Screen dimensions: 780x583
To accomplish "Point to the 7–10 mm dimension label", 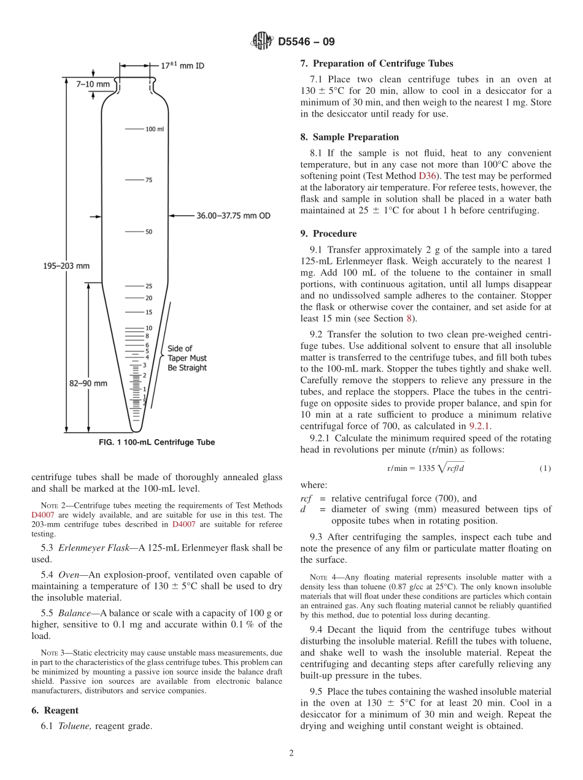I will (93, 83).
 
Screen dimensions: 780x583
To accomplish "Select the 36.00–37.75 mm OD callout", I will (233, 216).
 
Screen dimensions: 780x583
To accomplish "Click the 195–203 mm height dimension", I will (66, 266).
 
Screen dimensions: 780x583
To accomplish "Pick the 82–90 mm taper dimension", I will (88, 383).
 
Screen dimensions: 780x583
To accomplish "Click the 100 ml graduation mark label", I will (155, 129).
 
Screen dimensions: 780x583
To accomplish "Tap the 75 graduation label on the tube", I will (149, 180).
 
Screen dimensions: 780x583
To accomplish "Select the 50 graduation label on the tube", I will (149, 232).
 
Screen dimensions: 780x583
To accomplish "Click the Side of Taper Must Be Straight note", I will (187, 358).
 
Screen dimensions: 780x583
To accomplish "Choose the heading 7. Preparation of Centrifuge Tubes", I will (377, 64).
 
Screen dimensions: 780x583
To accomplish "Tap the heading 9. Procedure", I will (328, 234).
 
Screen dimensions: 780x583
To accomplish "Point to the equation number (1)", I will (545, 468).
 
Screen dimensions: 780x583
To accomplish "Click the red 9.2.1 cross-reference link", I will (479, 427).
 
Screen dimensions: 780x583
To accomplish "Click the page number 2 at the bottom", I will (291, 754).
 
